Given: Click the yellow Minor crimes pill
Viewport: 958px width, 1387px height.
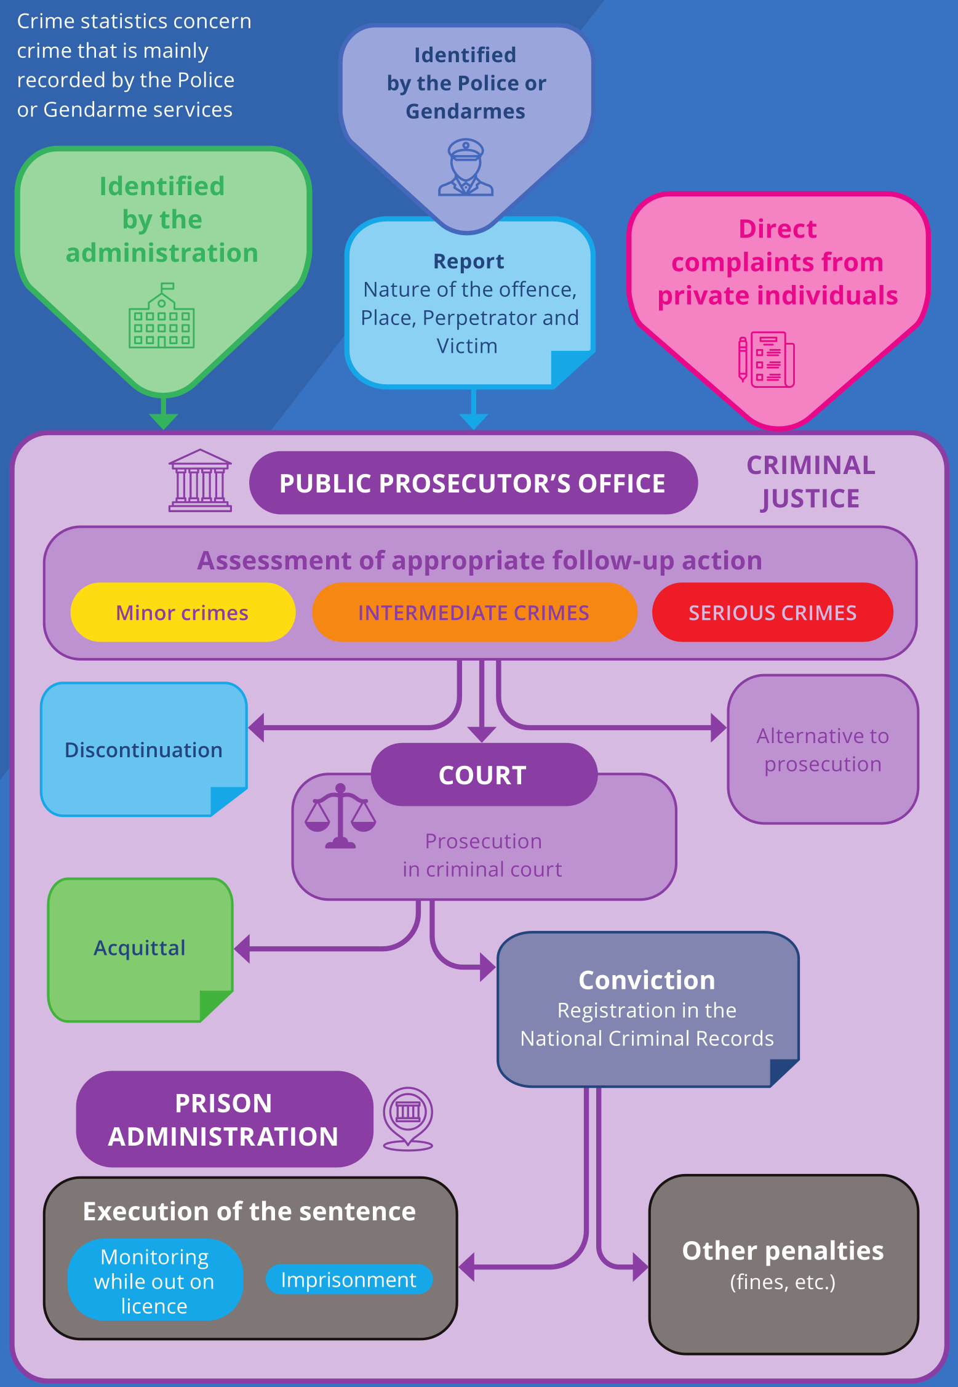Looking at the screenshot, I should [x=183, y=613].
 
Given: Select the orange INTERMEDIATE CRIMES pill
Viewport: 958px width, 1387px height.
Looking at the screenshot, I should [x=474, y=613].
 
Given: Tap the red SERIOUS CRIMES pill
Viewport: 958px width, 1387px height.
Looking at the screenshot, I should [x=772, y=613].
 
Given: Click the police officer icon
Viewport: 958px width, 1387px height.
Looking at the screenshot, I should [x=466, y=167].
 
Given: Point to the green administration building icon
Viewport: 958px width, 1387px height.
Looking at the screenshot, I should [x=162, y=316].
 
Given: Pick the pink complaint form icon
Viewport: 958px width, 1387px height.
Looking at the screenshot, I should [x=767, y=360].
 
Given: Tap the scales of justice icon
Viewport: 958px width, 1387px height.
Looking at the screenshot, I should [x=340, y=816].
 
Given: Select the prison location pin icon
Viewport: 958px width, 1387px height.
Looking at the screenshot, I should [x=408, y=1118].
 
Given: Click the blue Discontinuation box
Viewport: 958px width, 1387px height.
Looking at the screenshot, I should [x=143, y=749].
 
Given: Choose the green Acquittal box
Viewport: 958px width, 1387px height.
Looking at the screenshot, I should [x=140, y=948].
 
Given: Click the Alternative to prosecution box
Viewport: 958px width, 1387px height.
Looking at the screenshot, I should [x=823, y=749].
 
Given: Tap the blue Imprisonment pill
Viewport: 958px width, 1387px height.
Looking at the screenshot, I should [x=349, y=1280].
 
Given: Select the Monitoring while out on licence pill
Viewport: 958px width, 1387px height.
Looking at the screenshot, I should [x=154, y=1280].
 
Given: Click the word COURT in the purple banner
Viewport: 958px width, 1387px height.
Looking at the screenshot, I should [x=483, y=775].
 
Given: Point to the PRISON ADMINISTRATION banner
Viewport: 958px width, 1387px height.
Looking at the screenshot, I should [x=224, y=1119].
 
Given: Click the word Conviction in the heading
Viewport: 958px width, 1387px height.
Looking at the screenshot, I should [x=647, y=980].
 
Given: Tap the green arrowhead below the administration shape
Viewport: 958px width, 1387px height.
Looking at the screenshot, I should [x=164, y=420].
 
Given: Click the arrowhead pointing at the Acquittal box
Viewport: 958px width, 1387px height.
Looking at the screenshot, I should [x=242, y=949].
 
